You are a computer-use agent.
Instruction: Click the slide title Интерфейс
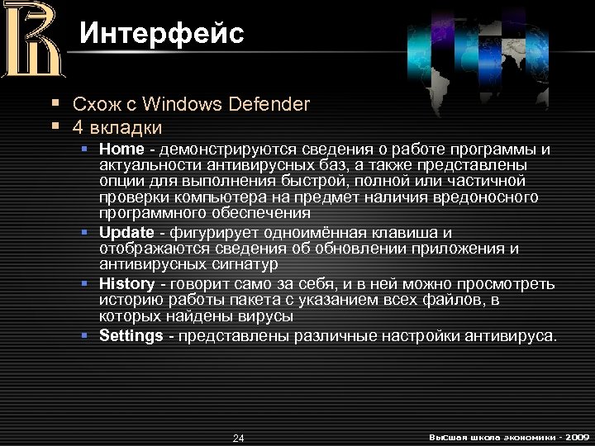pyautogui.click(x=162, y=34)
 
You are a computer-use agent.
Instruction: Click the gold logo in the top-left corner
pyautogui.click(x=32, y=40)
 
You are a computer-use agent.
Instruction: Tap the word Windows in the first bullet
pyautogui.click(x=182, y=104)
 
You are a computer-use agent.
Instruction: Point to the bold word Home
pyautogui.click(x=121, y=149)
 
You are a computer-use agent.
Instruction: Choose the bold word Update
pyautogui.click(x=126, y=232)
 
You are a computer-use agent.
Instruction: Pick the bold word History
pyautogui.click(x=126, y=284)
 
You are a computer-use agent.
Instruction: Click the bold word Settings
pyautogui.click(x=131, y=335)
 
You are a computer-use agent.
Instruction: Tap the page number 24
pyautogui.click(x=238, y=437)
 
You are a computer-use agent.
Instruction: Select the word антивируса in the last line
pyautogui.click(x=516, y=335)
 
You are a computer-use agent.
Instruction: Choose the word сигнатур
pyautogui.click(x=248, y=264)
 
